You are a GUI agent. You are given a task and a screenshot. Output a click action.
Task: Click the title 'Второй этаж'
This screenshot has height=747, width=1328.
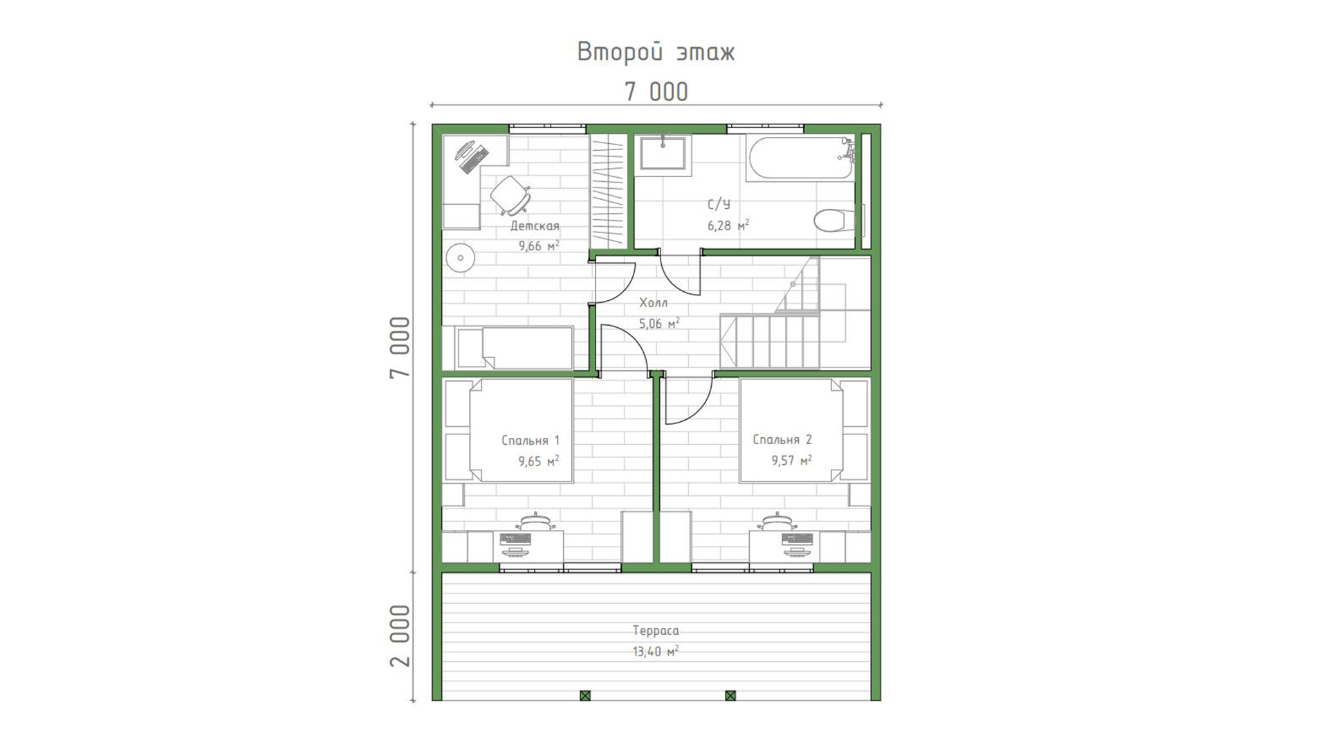pos(656,53)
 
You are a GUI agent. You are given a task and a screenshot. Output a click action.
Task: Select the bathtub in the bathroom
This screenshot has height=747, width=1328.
pos(801,158)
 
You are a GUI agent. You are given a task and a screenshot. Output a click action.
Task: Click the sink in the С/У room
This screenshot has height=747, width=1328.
pos(663,153)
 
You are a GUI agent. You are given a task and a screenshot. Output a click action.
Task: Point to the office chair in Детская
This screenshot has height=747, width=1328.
pos(511,194)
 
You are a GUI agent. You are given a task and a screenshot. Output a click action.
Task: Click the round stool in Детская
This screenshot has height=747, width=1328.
pos(459,259)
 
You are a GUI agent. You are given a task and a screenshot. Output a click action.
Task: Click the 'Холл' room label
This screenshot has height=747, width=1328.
pos(654,303)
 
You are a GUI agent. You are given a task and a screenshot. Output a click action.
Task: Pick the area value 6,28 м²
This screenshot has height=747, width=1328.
pos(728,225)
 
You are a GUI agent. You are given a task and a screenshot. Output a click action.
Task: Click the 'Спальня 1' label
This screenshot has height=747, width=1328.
pos(531,441)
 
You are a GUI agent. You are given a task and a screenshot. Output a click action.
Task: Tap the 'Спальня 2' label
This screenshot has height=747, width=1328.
pos(782,440)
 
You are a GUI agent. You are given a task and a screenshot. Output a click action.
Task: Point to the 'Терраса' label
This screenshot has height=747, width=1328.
pos(656,631)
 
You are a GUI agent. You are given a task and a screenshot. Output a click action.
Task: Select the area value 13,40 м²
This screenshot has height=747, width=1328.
pos(656,652)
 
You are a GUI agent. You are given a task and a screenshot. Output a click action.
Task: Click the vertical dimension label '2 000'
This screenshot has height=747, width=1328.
pos(400,636)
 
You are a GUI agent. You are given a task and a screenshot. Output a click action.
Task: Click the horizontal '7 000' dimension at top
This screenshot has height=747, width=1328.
pos(656,92)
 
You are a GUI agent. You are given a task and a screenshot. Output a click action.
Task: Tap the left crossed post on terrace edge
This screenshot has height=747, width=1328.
pos(585,695)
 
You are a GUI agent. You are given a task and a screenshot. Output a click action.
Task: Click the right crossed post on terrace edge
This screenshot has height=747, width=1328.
pos(730,695)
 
